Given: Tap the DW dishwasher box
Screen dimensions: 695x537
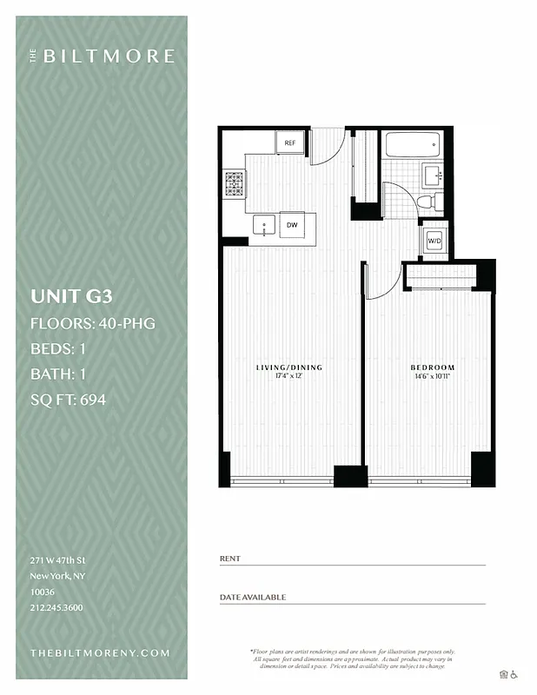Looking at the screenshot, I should click(292, 225).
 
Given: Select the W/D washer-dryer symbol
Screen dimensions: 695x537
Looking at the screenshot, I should click(434, 240).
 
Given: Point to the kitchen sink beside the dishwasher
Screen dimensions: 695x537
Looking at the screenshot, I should click(264, 224).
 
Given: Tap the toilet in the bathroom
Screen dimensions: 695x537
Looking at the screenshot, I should click(426, 202).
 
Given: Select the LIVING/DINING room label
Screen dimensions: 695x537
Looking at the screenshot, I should click(288, 367).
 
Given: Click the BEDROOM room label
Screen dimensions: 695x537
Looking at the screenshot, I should click(432, 367).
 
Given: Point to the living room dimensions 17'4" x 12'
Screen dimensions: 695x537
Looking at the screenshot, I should click(288, 377).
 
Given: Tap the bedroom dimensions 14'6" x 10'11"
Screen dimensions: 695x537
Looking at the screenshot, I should click(432, 377).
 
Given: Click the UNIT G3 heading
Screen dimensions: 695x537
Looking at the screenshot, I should click(72, 295).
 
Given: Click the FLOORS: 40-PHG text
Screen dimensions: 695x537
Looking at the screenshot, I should click(93, 324).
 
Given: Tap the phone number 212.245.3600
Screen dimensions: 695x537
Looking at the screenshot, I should click(56, 607).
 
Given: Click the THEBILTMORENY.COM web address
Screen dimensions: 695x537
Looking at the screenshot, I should click(100, 652).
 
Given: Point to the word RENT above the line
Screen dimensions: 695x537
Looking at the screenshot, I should click(230, 559).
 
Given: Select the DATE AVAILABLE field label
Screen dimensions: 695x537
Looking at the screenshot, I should click(253, 597).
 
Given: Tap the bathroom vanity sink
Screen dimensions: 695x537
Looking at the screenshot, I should click(432, 175).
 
